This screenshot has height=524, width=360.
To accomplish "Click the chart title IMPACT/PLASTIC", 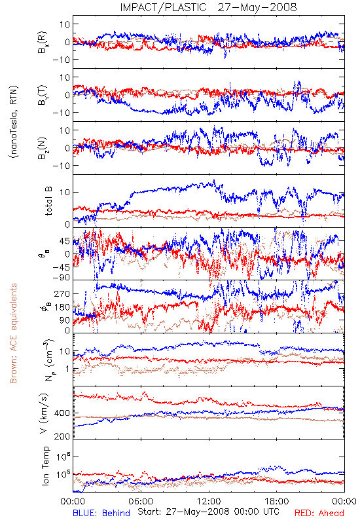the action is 163,7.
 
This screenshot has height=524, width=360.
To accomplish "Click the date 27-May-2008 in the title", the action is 257,7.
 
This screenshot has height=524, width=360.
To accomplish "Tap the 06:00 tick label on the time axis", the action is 141,501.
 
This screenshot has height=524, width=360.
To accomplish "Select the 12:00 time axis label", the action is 209,501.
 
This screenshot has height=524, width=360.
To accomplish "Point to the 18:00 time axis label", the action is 277,501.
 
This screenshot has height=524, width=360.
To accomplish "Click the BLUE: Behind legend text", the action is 101,513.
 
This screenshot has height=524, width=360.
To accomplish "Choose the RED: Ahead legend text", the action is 319,513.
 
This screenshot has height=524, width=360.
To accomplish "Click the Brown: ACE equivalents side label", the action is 13,333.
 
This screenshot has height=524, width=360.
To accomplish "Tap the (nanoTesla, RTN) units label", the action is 14,122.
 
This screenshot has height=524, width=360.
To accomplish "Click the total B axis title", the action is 48,201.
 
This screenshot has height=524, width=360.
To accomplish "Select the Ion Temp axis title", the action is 46,466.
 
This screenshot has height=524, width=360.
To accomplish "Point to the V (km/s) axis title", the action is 44,413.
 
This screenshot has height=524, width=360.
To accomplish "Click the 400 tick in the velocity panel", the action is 62,413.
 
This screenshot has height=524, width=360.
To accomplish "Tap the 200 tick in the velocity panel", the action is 62,436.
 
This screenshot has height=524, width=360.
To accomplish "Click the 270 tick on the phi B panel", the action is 62,293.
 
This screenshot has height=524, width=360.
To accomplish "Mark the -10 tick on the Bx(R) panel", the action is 61,60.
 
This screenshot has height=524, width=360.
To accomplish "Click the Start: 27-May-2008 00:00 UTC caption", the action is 208,512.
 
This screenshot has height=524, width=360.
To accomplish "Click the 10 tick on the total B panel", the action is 65,192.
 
